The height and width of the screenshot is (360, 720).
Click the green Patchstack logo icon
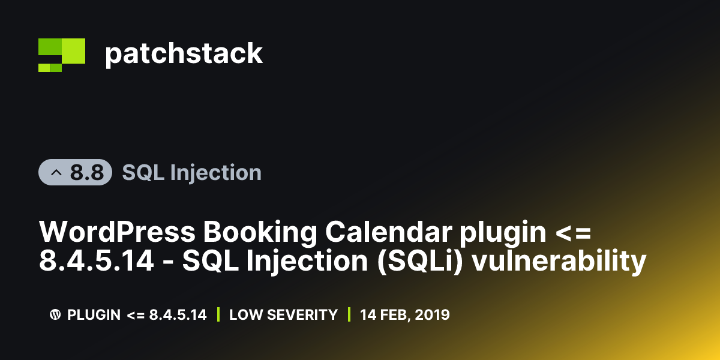click(x=61, y=55)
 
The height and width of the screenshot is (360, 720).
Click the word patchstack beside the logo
click(x=184, y=54)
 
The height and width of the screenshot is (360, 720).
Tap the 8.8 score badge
click(x=76, y=173)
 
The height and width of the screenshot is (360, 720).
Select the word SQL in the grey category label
click(x=143, y=173)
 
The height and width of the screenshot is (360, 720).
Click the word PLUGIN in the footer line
click(x=94, y=314)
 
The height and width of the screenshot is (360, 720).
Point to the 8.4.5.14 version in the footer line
click(x=178, y=314)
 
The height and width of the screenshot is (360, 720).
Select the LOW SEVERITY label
click(x=283, y=314)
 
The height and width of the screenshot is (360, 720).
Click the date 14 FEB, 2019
click(x=404, y=314)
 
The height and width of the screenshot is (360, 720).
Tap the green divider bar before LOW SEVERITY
click(x=218, y=314)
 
